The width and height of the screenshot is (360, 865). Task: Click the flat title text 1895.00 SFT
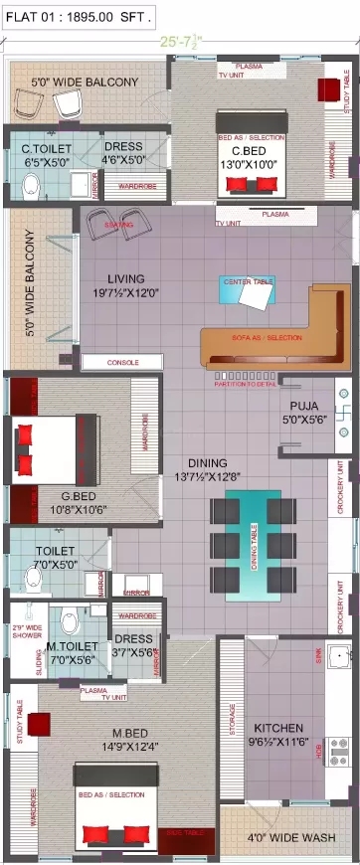pos(78,17)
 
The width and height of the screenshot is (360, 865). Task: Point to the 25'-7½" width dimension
pos(180,43)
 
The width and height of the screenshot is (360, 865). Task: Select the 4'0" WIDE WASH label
pos(290,838)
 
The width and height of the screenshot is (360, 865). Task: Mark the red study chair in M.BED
pos(39,724)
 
